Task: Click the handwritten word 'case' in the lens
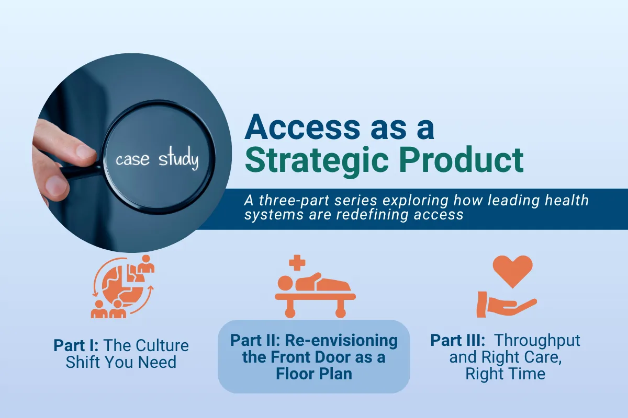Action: pyautogui.click(x=132, y=159)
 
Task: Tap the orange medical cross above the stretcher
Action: pyautogui.click(x=297, y=261)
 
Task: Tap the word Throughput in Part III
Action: pyautogui.click(x=537, y=340)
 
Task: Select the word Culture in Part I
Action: pyautogui.click(x=162, y=345)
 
